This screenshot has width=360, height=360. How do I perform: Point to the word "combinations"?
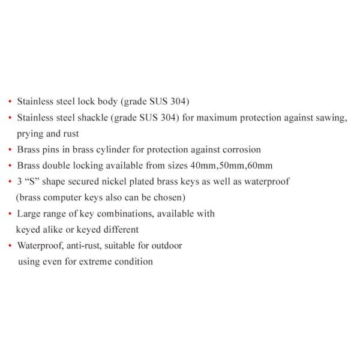point(109,214)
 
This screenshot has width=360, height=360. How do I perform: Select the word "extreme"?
point(102,261)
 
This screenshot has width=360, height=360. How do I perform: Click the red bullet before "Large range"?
point(10,214)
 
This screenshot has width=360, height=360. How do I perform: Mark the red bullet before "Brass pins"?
point(10,150)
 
